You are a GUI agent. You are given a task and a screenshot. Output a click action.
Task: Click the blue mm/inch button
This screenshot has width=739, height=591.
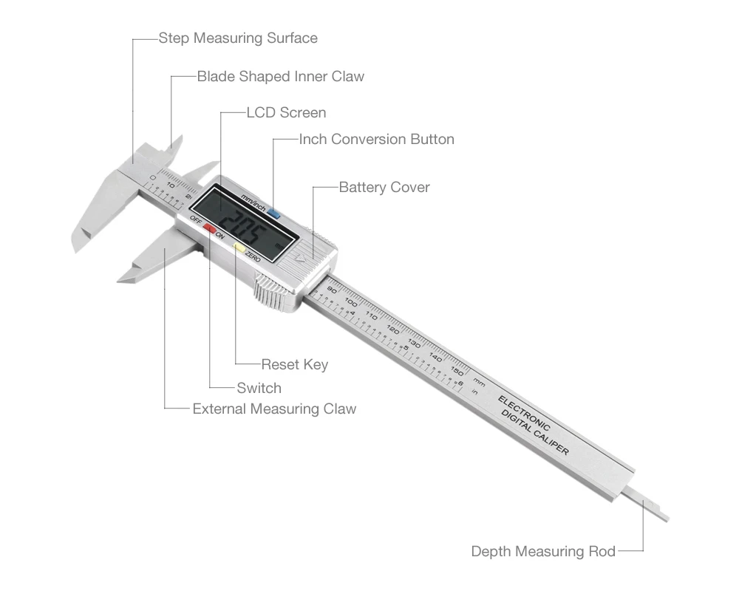(274, 214)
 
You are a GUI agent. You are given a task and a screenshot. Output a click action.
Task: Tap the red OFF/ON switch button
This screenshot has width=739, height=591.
(210, 229)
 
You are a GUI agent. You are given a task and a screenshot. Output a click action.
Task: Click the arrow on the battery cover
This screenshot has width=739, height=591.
(299, 259)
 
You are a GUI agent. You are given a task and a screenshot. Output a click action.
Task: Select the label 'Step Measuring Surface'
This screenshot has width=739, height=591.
(238, 38)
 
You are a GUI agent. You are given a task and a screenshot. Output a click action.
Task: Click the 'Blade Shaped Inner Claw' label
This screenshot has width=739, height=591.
(280, 76)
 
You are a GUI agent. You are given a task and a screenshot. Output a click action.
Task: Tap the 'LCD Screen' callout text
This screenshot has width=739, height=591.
(286, 113)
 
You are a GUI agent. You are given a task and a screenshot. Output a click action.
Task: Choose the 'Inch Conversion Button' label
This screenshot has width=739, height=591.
(376, 139)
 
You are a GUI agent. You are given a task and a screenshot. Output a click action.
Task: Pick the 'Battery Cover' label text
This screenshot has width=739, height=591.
(384, 187)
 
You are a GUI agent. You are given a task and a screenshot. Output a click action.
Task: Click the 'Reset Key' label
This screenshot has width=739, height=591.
(294, 364)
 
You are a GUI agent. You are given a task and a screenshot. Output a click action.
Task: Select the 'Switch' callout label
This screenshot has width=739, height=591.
(259, 388)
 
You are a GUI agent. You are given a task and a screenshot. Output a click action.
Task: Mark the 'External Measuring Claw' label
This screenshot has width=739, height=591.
(274, 409)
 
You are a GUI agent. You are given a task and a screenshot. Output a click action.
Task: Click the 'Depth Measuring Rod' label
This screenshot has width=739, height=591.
(543, 551)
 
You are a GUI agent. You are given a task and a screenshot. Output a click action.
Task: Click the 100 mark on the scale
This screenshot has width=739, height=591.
(351, 303)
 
